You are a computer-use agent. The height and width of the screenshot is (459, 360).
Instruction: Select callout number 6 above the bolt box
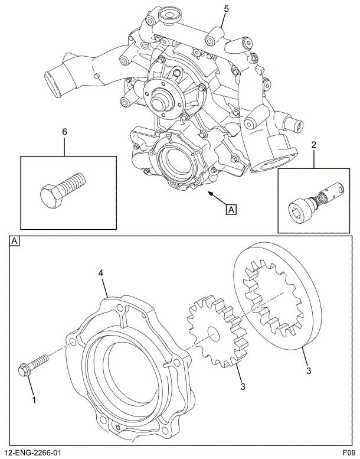(x=65, y=132)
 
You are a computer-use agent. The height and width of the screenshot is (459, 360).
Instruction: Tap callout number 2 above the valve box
(x=313, y=144)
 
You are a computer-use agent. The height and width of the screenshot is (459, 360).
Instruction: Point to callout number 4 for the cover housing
(x=101, y=273)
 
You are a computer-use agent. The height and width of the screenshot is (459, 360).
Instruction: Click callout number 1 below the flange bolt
(x=34, y=400)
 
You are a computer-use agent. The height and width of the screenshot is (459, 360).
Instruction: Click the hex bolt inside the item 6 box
(x=62, y=190)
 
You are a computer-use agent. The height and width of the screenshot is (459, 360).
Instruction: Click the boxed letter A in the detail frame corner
(x=15, y=241)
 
